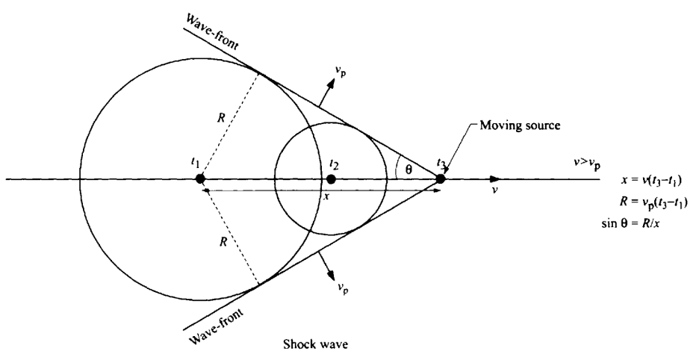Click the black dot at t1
199,179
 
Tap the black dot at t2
331,179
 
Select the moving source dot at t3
441,179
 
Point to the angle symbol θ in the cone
408,170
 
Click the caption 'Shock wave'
313,344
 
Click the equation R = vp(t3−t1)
651,200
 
